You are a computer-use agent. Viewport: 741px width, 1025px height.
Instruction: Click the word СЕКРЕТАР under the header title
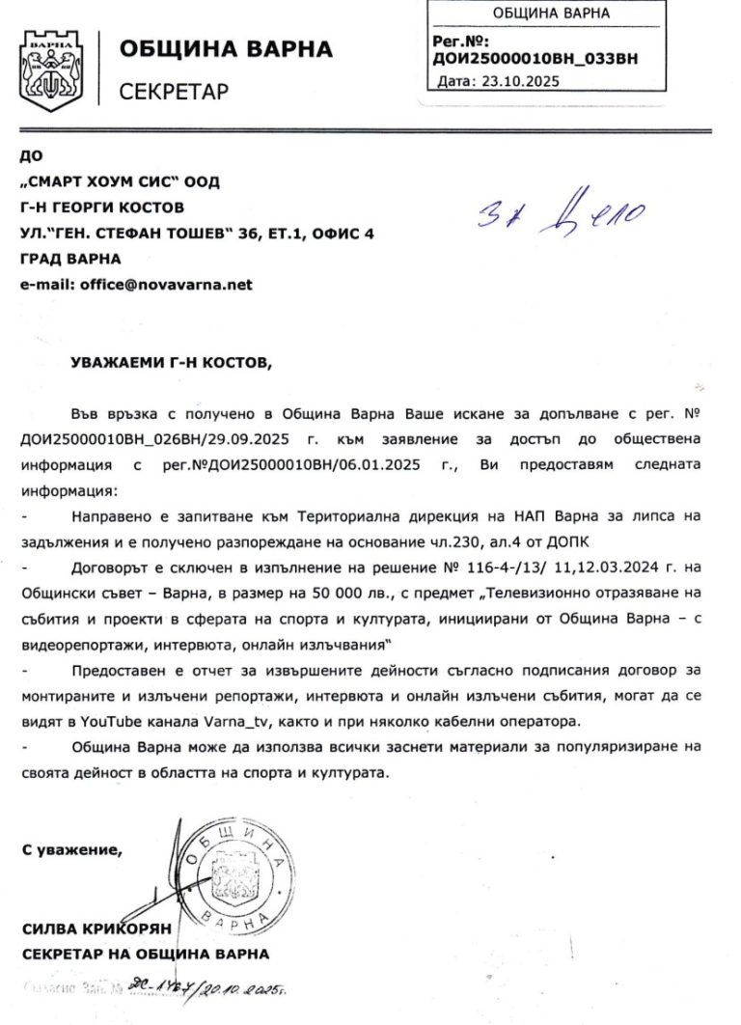click(174, 92)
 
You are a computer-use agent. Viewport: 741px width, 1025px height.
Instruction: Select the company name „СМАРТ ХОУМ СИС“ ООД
click(120, 181)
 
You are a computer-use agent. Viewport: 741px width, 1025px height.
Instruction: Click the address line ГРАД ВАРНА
click(70, 259)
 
